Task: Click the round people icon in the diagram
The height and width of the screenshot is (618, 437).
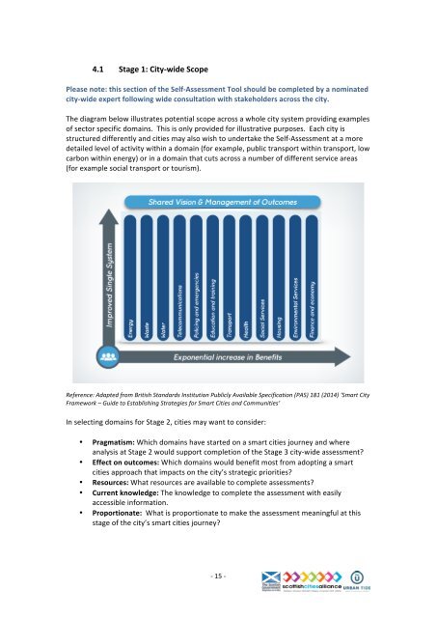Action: click(x=106, y=357)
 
